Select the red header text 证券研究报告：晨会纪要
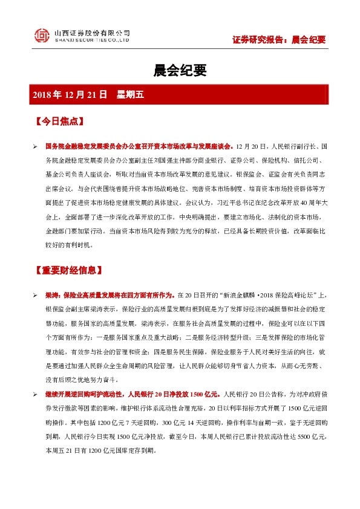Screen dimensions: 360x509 (279, 40)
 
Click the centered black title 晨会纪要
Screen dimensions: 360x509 (180, 71)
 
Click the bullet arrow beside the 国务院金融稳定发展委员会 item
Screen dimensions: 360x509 (36, 147)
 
